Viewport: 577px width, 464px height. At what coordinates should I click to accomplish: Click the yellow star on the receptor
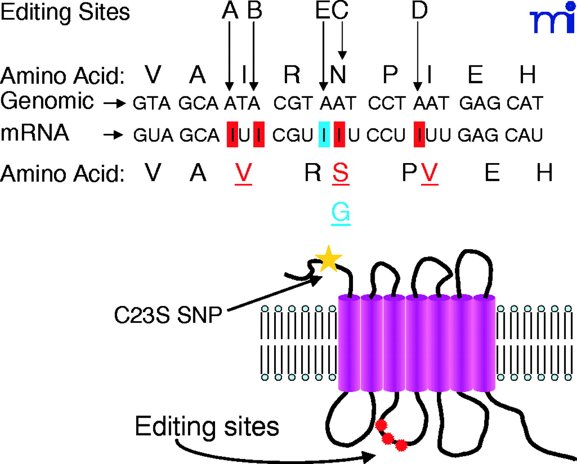tap(329, 259)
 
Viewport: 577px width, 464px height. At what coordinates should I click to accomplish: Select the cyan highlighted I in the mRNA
tap(324, 134)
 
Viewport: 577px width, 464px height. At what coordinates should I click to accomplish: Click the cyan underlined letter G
tap(341, 212)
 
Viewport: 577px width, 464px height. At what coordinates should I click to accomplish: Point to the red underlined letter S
tap(341, 173)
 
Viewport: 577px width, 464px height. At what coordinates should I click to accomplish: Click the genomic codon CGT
tap(293, 104)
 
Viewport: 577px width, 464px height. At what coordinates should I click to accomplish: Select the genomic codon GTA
tap(151, 104)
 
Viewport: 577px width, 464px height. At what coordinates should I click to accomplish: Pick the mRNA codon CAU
tap(524, 135)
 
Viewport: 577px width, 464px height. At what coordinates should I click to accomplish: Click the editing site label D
tap(419, 10)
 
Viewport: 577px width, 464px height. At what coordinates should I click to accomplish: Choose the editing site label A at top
tap(230, 10)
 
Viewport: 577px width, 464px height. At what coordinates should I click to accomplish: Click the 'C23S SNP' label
tap(168, 315)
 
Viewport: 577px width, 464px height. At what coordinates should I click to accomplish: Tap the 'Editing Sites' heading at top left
tap(65, 12)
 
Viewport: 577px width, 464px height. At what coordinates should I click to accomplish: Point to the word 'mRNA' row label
tap(35, 133)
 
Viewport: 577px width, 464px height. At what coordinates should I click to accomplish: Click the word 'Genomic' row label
tap(47, 101)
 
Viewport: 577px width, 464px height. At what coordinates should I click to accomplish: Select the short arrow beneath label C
tap(342, 41)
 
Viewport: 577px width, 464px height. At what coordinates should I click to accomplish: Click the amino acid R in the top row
tap(292, 74)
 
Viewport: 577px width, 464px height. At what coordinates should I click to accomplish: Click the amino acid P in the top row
tap(390, 74)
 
